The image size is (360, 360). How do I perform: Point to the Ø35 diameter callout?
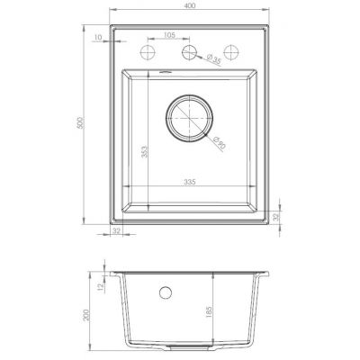[x=214, y=60]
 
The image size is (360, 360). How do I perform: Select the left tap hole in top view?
[x=146, y=53]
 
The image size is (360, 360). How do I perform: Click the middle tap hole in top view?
[x=188, y=53]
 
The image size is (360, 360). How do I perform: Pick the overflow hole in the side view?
[x=166, y=292]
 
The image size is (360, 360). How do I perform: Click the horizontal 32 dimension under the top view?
[x=116, y=231]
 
